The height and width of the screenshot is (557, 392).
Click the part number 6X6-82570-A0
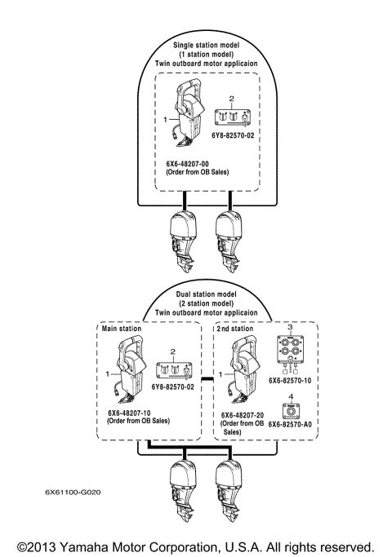296,424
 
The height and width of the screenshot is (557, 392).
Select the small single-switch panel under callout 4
291,410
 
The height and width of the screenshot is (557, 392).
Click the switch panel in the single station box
231,117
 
